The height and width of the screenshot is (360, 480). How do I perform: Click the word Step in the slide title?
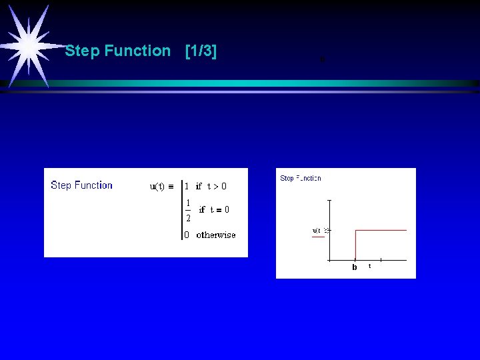point(82,51)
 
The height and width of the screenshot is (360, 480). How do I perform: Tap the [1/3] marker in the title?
point(201,51)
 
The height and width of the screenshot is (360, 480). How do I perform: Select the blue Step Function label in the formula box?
point(81,185)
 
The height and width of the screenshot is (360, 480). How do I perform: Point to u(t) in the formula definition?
point(157,187)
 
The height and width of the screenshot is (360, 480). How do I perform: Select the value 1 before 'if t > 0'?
point(187,187)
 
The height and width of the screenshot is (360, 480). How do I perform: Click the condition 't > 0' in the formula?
point(217,187)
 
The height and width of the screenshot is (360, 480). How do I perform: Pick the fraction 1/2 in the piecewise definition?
point(188,209)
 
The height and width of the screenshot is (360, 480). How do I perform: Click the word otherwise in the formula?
point(216,235)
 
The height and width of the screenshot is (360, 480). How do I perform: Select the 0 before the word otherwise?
point(187,235)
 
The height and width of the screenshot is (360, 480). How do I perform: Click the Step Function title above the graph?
point(301,178)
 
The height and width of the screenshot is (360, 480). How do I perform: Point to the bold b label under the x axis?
point(355,267)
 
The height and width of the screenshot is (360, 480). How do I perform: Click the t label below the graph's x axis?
point(370,266)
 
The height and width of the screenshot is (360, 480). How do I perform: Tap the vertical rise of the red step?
point(355,244)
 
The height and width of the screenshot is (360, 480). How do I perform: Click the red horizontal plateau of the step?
point(381,230)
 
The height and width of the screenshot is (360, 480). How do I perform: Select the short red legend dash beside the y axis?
point(318,237)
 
